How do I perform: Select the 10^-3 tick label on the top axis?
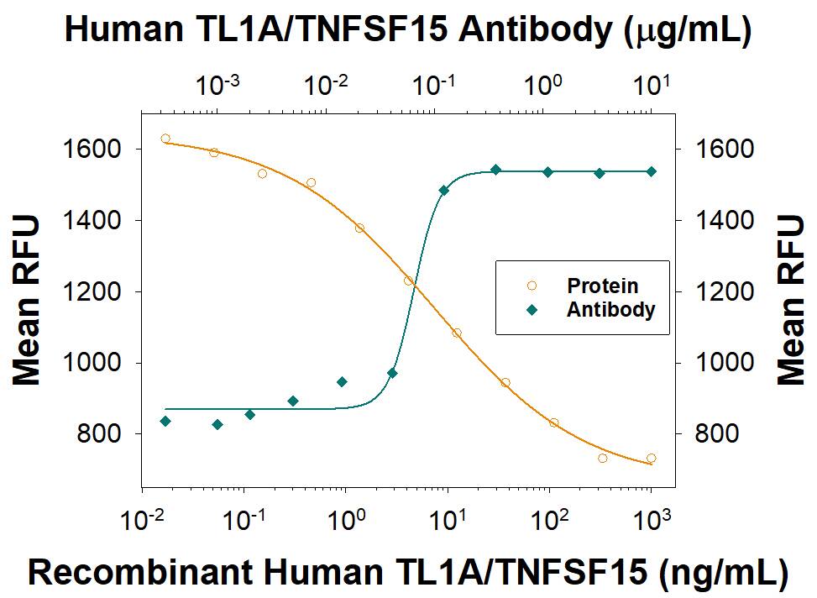tap(218, 84)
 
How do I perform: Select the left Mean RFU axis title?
tap(27, 300)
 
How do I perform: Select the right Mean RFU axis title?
tap(791, 300)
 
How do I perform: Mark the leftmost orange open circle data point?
tap(165, 139)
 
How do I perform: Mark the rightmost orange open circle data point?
tap(652, 459)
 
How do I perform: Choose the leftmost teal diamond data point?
tap(165, 421)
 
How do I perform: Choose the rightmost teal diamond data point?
tap(652, 171)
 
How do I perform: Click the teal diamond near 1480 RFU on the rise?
tap(444, 191)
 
